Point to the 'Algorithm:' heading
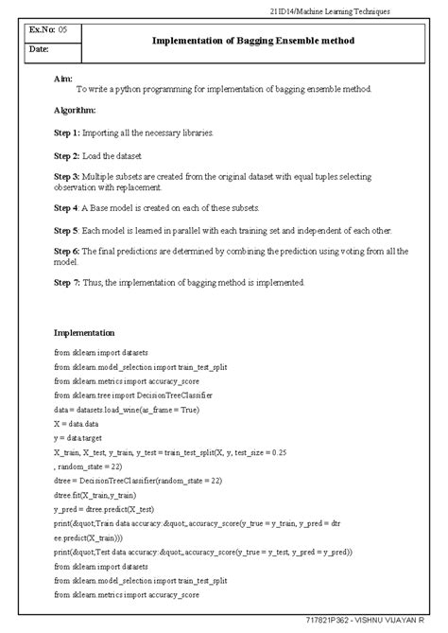pyautogui.click(x=76, y=111)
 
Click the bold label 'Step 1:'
pyautogui.click(x=67, y=132)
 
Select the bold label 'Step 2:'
pyautogui.click(x=67, y=155)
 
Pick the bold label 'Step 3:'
pyautogui.click(x=67, y=177)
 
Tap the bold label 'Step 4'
pyautogui.click(x=66, y=207)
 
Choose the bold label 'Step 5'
pyautogui.click(x=66, y=230)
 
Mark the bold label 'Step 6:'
pyautogui.click(x=67, y=252)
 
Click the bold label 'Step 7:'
pyautogui.click(x=67, y=282)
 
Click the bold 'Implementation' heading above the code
pyautogui.click(x=84, y=333)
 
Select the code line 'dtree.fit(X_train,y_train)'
pyautogui.click(x=95, y=495)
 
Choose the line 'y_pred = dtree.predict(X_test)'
pyautogui.click(x=107, y=509)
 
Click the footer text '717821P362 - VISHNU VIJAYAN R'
pyautogui.click(x=371, y=621)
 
